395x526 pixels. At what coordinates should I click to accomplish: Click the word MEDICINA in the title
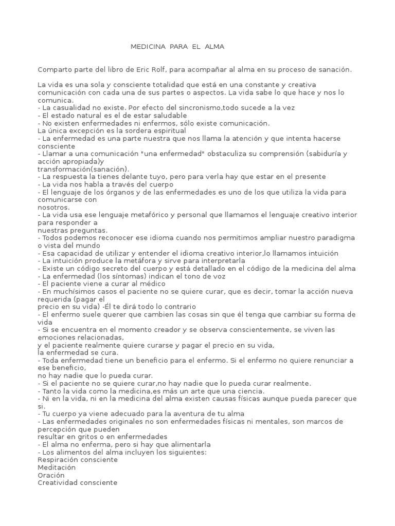pos(147,47)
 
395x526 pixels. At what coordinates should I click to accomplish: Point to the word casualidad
pos(69,108)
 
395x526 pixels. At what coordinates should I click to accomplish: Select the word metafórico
pos(153,215)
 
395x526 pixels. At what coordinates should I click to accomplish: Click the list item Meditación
pos(57,467)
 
